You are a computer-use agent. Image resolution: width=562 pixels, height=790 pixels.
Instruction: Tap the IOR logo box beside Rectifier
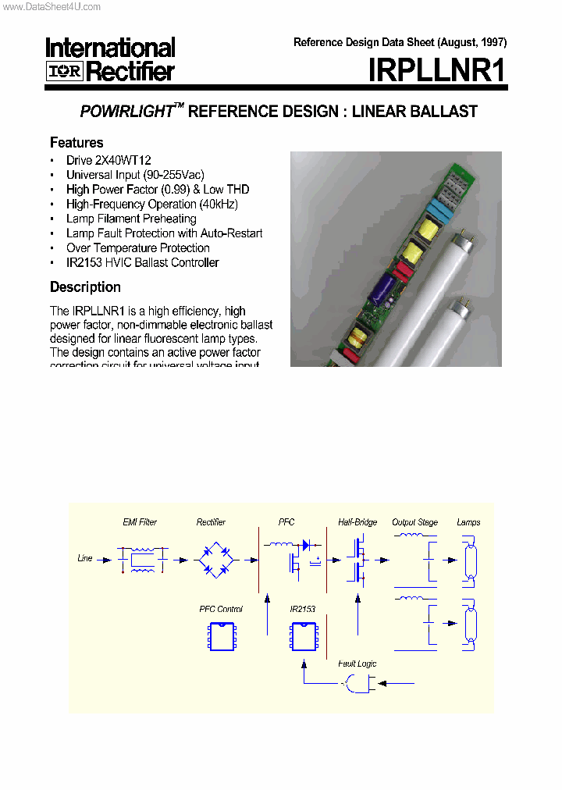64,72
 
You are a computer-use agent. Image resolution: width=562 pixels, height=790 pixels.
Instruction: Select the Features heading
76,142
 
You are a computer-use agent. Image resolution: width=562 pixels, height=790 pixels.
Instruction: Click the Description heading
85,286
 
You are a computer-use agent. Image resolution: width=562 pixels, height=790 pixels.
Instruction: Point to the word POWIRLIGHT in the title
126,112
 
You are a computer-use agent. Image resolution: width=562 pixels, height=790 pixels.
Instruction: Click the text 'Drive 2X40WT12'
108,160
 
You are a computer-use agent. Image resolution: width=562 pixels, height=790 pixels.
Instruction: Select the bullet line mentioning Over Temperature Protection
137,248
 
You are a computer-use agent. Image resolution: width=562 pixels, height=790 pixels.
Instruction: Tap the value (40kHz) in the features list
219,204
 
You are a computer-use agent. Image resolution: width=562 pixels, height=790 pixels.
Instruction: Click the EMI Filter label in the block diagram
140,522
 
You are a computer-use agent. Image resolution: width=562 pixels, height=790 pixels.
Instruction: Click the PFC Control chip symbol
222,636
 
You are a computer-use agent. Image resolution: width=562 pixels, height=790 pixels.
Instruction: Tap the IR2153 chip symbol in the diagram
303,636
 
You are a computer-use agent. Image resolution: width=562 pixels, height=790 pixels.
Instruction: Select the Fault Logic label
357,664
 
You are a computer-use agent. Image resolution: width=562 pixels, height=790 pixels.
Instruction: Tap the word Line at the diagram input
85,558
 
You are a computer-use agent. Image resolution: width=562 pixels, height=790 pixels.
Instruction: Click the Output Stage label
414,522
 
